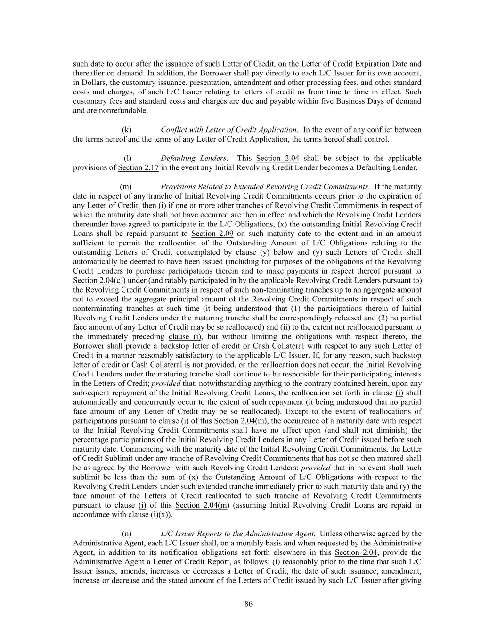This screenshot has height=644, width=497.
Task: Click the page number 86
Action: pyautogui.click(x=248, y=604)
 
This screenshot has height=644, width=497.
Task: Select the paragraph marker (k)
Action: pyautogui.click(x=127, y=130)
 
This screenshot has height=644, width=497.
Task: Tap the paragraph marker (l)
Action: pyautogui.click(x=127, y=158)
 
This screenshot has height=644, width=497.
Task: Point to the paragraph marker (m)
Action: pyautogui.click(x=126, y=187)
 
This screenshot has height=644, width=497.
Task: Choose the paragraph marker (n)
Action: pyautogui.click(x=127, y=534)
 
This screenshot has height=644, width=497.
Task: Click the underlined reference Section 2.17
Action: pyautogui.click(x=138, y=167)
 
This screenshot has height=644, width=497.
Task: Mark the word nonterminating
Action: pyautogui.click(x=97, y=309)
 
